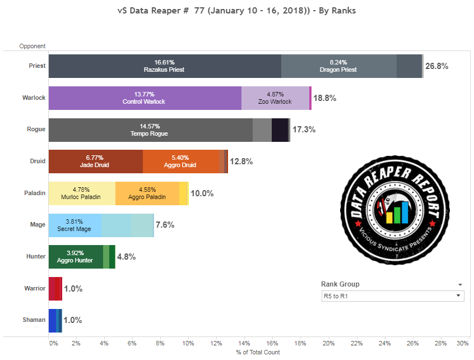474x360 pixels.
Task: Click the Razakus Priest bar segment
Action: (164, 66)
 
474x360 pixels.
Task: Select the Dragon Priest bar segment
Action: (338, 66)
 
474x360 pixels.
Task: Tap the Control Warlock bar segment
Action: (145, 98)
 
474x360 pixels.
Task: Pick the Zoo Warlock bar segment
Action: (275, 98)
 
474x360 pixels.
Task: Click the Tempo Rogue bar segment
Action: (150, 130)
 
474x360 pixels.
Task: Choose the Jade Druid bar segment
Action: (95, 161)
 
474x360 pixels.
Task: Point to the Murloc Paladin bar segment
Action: (82, 193)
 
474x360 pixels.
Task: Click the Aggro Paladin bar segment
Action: (147, 193)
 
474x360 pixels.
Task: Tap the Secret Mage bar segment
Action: (75, 225)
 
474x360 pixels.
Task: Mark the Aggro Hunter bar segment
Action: (76, 257)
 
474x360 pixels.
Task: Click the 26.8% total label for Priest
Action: (437, 66)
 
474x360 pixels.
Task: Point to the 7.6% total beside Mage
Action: (165, 225)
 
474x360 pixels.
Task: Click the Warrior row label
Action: (35, 288)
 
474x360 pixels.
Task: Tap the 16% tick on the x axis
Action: (272, 343)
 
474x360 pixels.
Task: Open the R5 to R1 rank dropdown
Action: (392, 296)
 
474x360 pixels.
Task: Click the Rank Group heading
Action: (340, 284)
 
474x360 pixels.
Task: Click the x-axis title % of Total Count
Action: (257, 352)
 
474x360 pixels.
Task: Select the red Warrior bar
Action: (54, 289)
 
